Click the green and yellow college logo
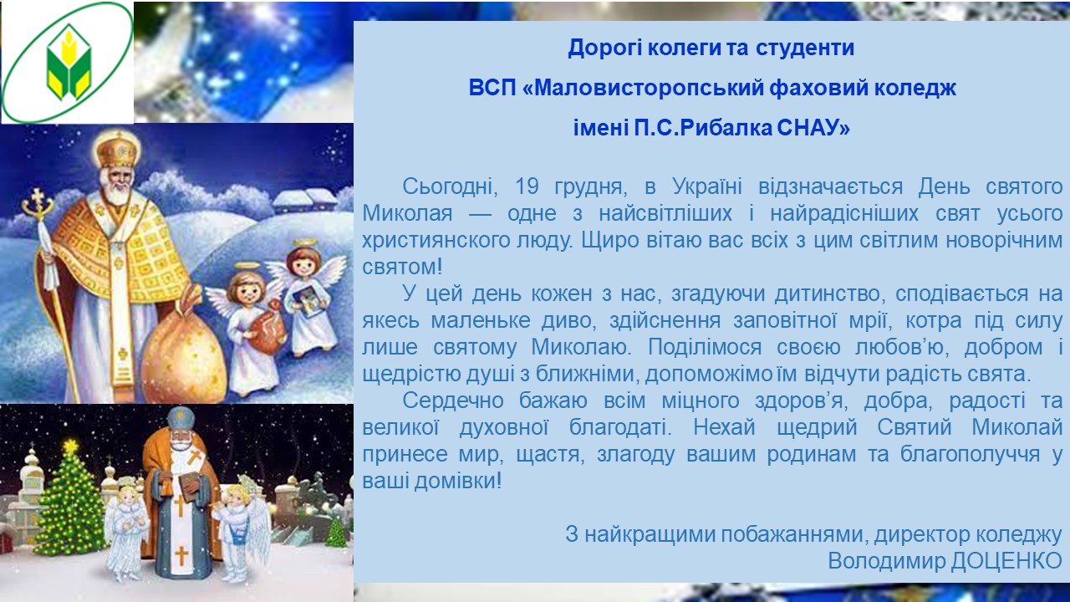click(69, 62)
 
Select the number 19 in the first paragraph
click(527, 186)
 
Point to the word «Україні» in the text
click(707, 186)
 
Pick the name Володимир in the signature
click(887, 561)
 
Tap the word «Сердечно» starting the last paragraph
click(453, 400)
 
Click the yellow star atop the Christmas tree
click(71, 446)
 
